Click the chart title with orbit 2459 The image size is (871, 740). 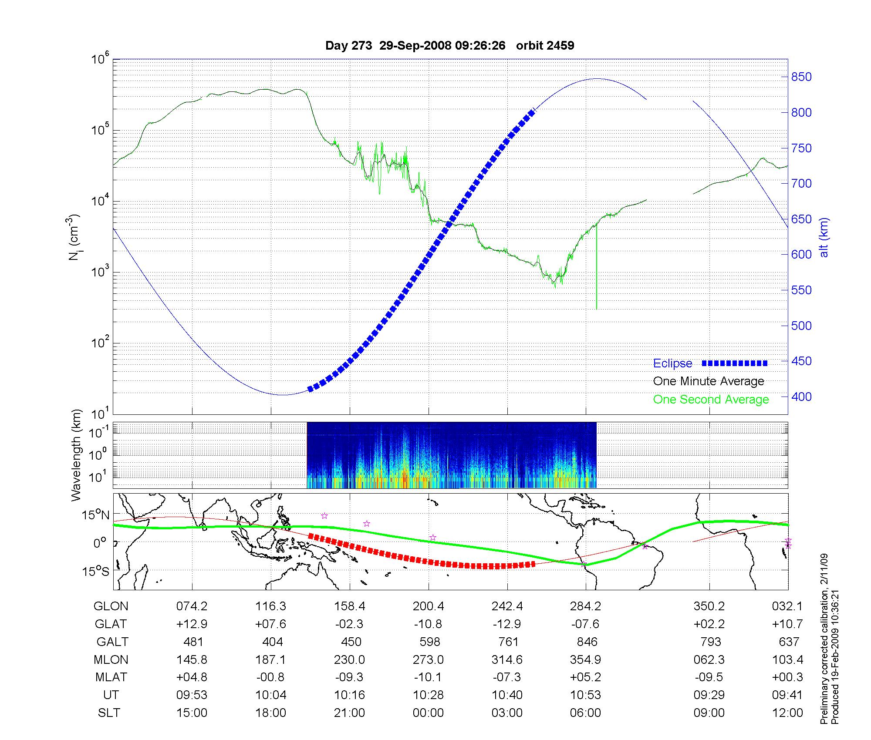(x=449, y=46)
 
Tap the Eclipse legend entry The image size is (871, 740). (x=672, y=363)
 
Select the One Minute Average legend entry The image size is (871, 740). (x=709, y=381)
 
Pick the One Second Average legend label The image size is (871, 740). (x=711, y=400)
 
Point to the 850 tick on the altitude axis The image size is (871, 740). (x=801, y=77)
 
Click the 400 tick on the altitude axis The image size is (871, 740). (x=801, y=397)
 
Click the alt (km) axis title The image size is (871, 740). (x=824, y=237)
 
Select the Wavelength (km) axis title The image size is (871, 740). (x=76, y=455)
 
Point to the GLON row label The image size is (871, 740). (x=111, y=606)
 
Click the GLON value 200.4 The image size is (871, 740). (x=429, y=606)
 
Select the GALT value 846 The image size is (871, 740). (x=586, y=642)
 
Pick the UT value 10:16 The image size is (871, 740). (x=349, y=695)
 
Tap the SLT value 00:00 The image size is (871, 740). (x=429, y=713)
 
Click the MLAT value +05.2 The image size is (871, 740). (x=586, y=677)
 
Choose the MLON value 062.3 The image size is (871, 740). (x=709, y=660)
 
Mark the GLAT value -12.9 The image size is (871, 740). (x=507, y=624)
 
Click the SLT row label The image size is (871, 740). (x=109, y=713)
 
